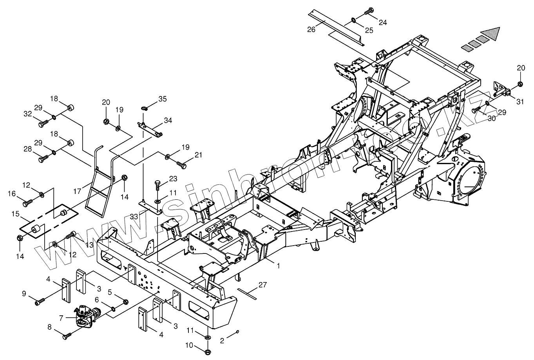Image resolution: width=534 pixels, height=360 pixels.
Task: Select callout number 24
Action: pos(382,23)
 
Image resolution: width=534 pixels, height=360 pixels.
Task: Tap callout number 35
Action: pos(162,98)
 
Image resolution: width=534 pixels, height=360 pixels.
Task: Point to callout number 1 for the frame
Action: pos(278,266)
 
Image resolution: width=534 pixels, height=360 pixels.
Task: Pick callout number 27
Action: pos(262,285)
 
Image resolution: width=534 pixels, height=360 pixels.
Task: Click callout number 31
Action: pos(520,102)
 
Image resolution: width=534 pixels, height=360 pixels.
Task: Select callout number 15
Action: pos(15,214)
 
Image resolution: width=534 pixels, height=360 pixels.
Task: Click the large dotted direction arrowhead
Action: pos(490,34)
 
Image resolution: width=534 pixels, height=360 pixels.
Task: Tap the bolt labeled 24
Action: pos(369,12)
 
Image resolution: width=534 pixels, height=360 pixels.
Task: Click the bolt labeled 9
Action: pos(40,302)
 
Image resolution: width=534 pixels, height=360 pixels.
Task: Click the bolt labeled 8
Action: pos(67,335)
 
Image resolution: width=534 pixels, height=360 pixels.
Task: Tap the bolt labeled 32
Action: pos(42,124)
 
